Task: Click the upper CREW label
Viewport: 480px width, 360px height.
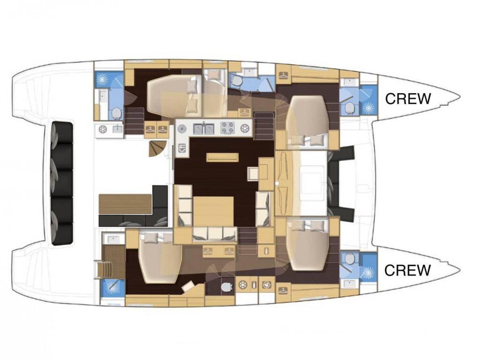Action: click(408, 98)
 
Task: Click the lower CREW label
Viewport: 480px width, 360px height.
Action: click(407, 270)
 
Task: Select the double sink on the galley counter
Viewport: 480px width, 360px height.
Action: click(203, 128)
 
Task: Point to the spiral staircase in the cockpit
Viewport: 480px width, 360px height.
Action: click(157, 149)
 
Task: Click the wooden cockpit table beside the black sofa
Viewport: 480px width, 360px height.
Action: click(125, 204)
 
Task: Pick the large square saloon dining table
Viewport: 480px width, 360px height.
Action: click(214, 212)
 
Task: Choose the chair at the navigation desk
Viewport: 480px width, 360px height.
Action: click(254, 174)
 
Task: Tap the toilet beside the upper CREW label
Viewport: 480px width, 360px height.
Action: click(349, 108)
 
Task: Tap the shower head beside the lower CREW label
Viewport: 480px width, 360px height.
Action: click(368, 272)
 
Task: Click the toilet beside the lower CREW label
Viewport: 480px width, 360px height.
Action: click(349, 259)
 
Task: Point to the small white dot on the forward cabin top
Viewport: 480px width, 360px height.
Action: click(277, 183)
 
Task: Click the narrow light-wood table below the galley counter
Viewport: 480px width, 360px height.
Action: click(222, 157)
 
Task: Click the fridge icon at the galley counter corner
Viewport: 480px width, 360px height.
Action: click(182, 149)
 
